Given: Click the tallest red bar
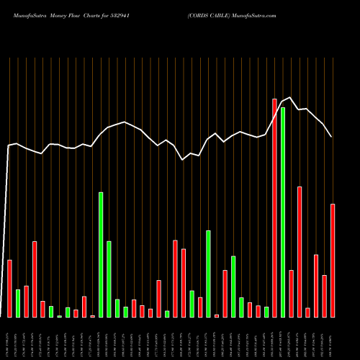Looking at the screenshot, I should (274, 208).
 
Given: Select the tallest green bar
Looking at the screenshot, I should (283, 212).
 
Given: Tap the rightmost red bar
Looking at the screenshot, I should (333, 261).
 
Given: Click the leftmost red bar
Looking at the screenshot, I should (9, 288).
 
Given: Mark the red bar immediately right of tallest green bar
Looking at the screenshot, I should (291, 294).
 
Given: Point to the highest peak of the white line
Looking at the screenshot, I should (290, 97).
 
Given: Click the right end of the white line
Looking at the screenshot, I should (332, 137).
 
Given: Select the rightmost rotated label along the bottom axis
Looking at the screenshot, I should (333, 338).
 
